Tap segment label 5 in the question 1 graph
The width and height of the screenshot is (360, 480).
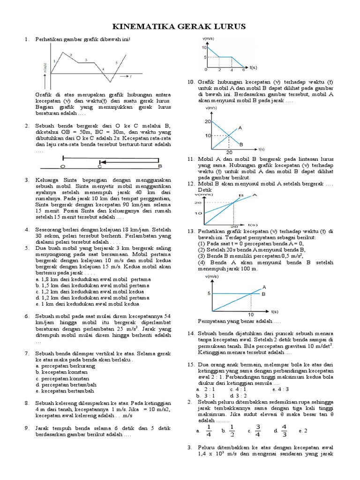pyautogui.click(x=117, y=62)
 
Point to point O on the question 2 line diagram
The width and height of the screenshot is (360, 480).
pyautogui.click(x=63, y=166)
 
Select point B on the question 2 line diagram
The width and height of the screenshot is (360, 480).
pyautogui.click(x=160, y=166)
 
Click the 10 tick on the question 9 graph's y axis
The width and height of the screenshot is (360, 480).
pyautogui.click(x=204, y=48)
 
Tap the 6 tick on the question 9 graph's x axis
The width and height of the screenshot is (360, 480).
pyautogui.click(x=243, y=70)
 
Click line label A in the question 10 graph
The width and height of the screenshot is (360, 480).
pyautogui.click(x=240, y=127)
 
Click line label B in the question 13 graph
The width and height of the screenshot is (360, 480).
pyautogui.click(x=263, y=294)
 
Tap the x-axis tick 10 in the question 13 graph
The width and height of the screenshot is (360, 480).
pyautogui.click(x=251, y=315)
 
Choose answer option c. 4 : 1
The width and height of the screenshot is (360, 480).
pyautogui.click(x=239, y=389)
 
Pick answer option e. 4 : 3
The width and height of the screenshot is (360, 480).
pyautogui.click(x=281, y=389)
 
